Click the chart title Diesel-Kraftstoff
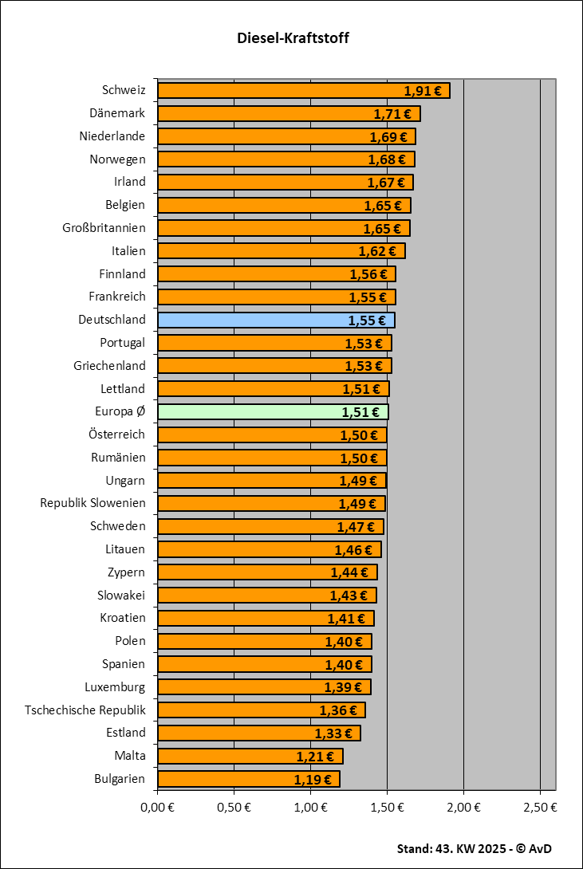coord(293,38)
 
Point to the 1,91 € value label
coord(423,91)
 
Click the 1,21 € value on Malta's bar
coord(315,756)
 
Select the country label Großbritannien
coord(104,228)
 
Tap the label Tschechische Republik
coord(85,710)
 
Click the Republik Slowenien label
coord(93,503)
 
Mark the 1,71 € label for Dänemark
coord(392,114)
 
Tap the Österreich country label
coord(117,434)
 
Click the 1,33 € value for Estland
coord(333,733)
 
